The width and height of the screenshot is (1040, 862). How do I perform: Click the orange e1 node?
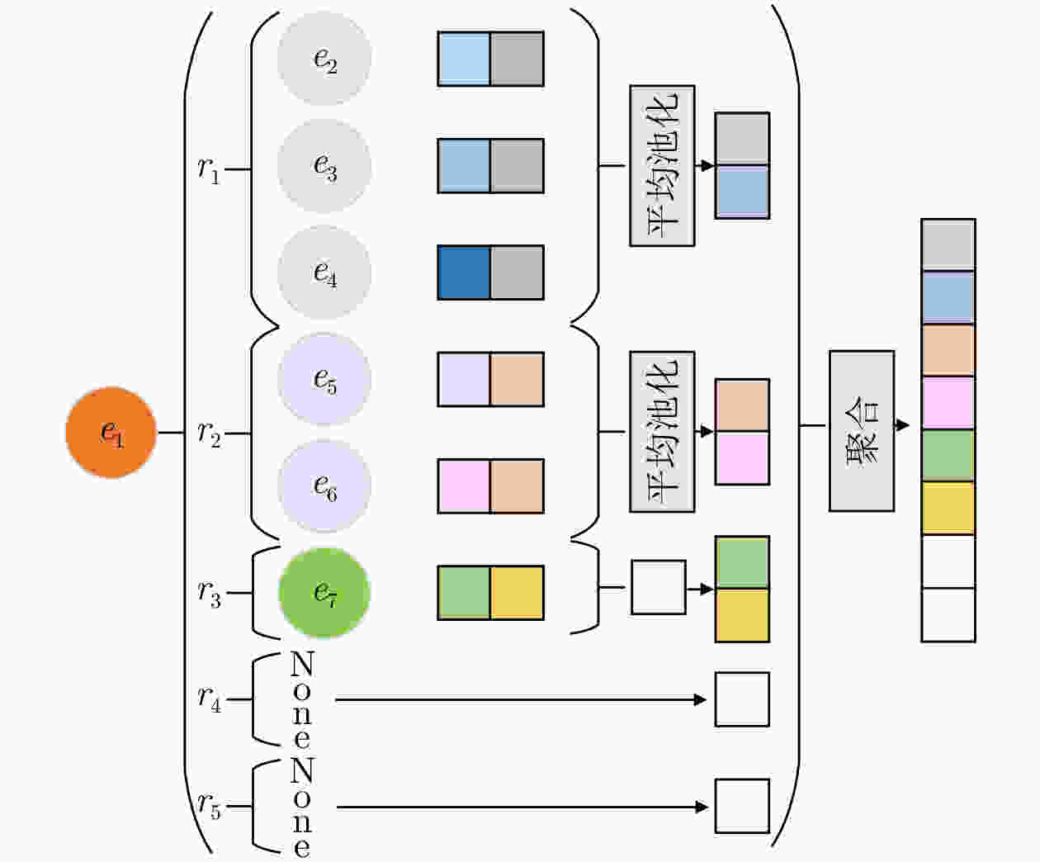pyautogui.click(x=111, y=432)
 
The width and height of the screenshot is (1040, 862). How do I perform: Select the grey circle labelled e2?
pyautogui.click(x=324, y=59)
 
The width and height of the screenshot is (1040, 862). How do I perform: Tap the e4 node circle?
pyautogui.click(x=324, y=272)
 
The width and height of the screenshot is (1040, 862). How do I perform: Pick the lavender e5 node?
pyautogui.click(x=324, y=379)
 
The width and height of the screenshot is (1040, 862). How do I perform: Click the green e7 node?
pyautogui.click(x=324, y=592)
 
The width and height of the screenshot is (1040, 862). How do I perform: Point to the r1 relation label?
pyautogui.click(x=209, y=170)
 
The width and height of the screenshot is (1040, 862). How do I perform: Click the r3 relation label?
pyautogui.click(x=209, y=594)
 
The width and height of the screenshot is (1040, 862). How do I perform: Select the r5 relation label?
pyautogui.click(x=209, y=806)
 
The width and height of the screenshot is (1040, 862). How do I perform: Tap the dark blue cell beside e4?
pyautogui.click(x=464, y=272)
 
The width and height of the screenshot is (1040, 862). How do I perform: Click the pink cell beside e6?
pyautogui.click(x=464, y=485)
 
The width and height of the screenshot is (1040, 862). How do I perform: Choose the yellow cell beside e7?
pyautogui.click(x=518, y=593)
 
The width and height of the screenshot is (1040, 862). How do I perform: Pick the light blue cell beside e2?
pyautogui.click(x=464, y=59)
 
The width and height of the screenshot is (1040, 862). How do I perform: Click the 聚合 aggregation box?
pyautogui.click(x=862, y=431)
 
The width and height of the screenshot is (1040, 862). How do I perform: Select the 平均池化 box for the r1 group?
pyautogui.click(x=662, y=165)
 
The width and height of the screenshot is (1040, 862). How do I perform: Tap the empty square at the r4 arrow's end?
pyautogui.click(x=742, y=699)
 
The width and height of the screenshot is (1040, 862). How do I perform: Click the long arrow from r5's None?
pyautogui.click(x=522, y=807)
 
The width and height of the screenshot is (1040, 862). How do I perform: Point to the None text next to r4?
pyautogui.click(x=302, y=699)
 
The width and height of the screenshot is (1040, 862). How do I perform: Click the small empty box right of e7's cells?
pyautogui.click(x=659, y=587)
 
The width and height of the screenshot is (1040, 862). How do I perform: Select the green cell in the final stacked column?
pyautogui.click(x=948, y=455)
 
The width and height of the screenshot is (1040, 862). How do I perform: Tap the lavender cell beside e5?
pyautogui.click(x=464, y=379)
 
